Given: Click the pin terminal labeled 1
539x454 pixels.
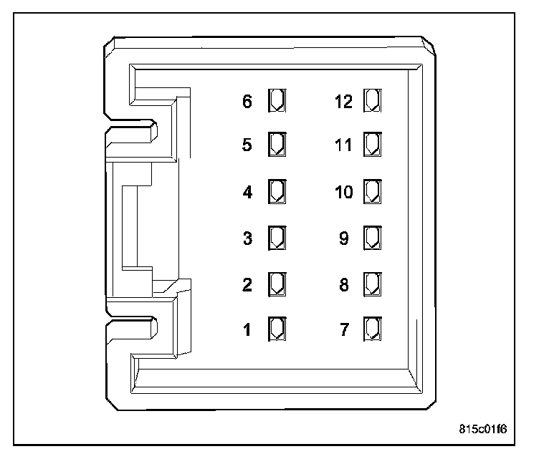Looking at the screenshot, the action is pyautogui.click(x=277, y=329).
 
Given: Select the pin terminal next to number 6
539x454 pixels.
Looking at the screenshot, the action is pyautogui.click(x=277, y=100).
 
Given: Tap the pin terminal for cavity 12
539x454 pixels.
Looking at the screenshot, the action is pyautogui.click(x=372, y=100).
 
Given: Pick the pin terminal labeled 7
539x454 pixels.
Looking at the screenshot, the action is pyautogui.click(x=372, y=329).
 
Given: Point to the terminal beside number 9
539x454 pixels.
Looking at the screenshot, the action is pyautogui.click(x=372, y=237).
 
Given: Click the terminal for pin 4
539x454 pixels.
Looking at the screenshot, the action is pyautogui.click(x=277, y=192).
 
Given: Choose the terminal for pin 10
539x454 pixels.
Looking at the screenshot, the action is pyautogui.click(x=372, y=192).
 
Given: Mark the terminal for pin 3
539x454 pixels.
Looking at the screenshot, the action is pyautogui.click(x=277, y=237).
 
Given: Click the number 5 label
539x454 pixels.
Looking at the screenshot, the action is pyautogui.click(x=247, y=145).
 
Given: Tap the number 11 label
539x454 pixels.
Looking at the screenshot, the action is pyautogui.click(x=344, y=145).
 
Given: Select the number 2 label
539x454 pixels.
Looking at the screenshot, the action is pyautogui.click(x=247, y=284).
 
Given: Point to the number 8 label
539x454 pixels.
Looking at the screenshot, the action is pyautogui.click(x=344, y=284).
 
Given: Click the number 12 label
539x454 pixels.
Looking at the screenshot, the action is pyautogui.click(x=344, y=102).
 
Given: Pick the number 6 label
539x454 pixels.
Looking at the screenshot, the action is pyautogui.click(x=247, y=102).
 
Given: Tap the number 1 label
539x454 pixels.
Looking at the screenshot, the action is pyautogui.click(x=247, y=330).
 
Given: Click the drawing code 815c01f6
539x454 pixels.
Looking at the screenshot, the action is pyautogui.click(x=483, y=430).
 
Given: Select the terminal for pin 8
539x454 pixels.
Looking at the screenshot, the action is pyautogui.click(x=372, y=283).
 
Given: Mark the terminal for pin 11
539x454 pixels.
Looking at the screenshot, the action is pyautogui.click(x=372, y=145).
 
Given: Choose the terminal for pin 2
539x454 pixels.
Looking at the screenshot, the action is pyautogui.click(x=277, y=283).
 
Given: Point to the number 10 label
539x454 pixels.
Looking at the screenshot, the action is pyautogui.click(x=344, y=193).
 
